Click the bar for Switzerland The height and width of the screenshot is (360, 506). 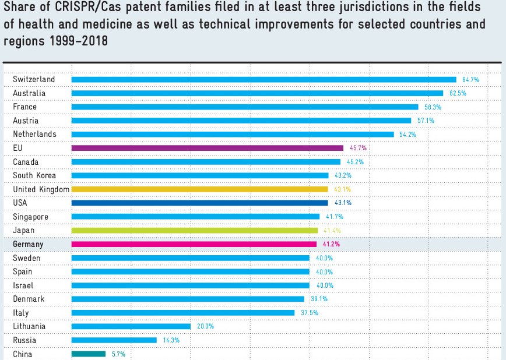(263, 79)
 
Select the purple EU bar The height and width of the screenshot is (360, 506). (207, 148)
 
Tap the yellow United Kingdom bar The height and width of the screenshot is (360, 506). (199, 189)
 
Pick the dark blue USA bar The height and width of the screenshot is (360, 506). (199, 203)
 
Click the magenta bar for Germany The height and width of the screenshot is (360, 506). (194, 244)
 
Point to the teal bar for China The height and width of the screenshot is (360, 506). (89, 354)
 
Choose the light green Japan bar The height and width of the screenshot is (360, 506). (194, 231)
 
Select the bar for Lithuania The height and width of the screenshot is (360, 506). (131, 326)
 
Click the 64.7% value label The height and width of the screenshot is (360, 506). (470, 79)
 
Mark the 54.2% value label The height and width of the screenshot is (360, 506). (407, 135)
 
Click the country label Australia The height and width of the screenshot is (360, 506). (29, 93)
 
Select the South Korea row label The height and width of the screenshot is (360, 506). (34, 175)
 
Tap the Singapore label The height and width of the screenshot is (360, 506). (30, 217)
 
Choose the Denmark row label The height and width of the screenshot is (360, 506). (29, 299)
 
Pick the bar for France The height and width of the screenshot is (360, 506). (245, 107)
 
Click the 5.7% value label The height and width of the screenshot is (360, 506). (118, 354)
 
